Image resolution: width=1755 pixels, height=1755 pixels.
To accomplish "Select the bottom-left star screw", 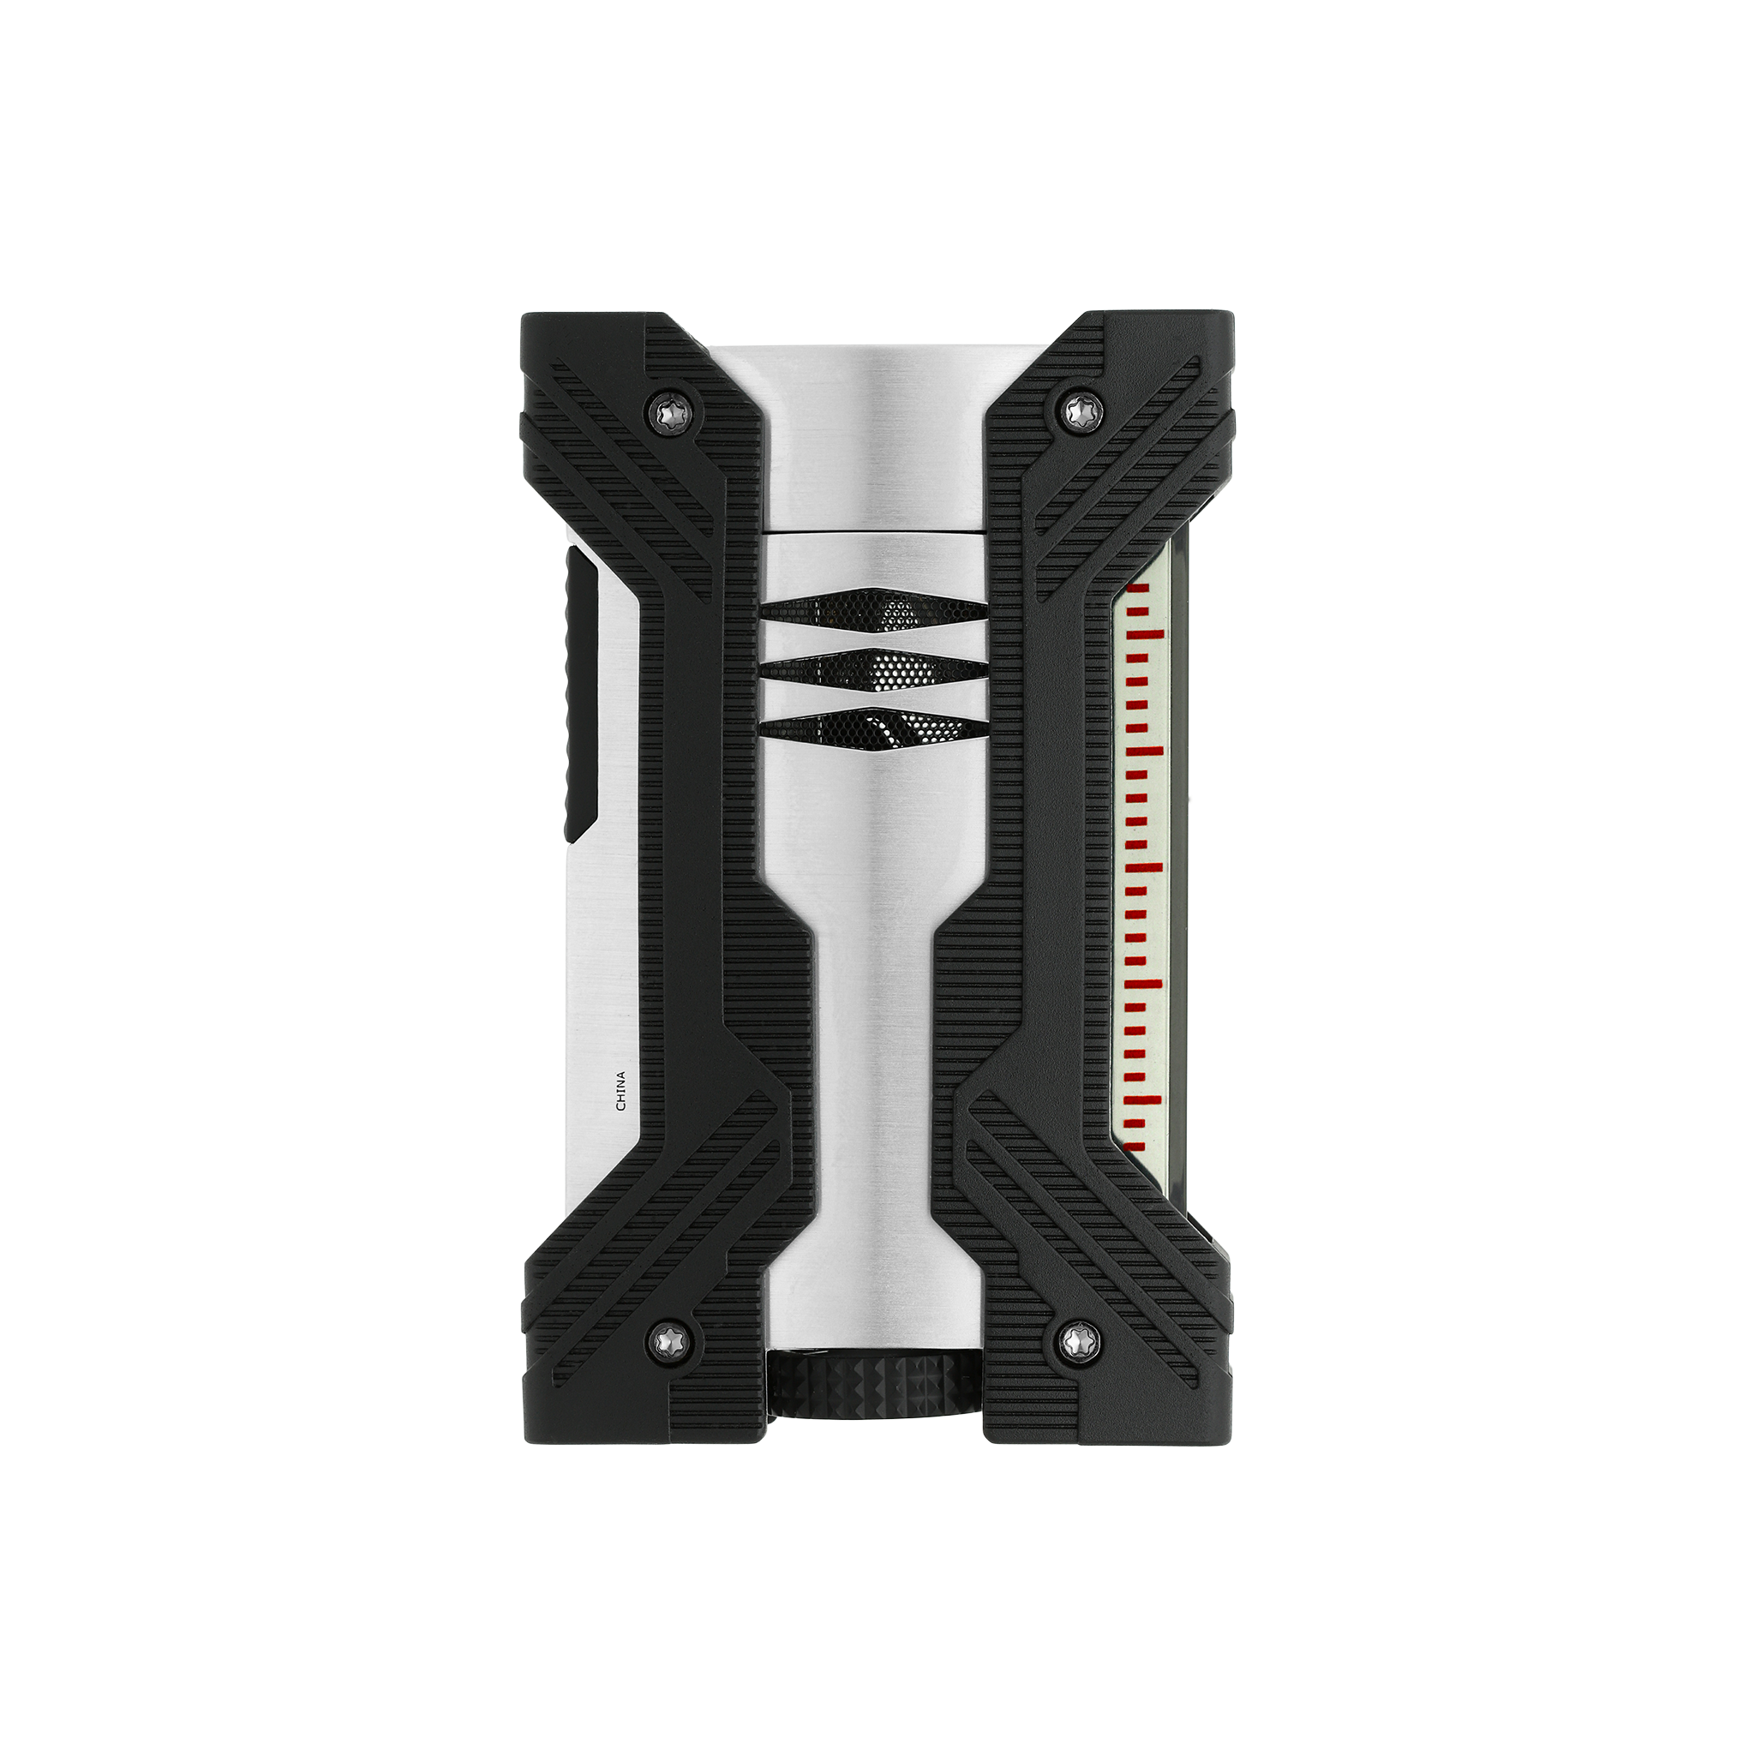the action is [x=671, y=1336].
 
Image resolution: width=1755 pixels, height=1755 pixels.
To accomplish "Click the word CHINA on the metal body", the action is [x=621, y=1091].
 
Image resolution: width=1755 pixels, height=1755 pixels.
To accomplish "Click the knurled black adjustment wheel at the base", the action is [x=873, y=1410].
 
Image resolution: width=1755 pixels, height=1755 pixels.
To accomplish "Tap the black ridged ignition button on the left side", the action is [x=578, y=693].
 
